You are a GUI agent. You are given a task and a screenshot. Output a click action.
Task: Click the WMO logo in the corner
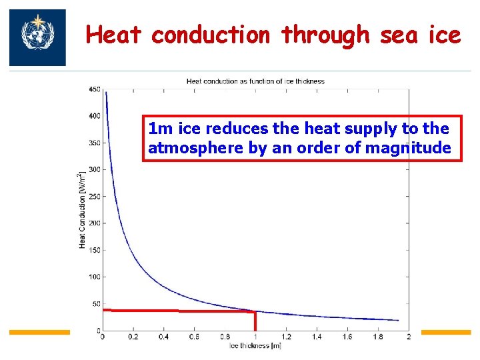coord(37,37)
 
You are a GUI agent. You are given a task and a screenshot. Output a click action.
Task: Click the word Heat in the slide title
coord(113,35)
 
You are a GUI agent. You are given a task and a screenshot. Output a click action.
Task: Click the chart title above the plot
coord(255,81)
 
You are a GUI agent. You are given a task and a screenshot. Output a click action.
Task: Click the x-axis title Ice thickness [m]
coord(255,345)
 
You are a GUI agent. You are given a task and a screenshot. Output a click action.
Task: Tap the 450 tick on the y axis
coord(94,89)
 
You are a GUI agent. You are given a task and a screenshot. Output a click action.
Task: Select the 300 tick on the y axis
coord(94,169)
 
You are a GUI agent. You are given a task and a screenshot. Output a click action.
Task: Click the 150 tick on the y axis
coord(94,250)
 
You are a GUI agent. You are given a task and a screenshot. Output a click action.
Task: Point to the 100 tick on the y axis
coord(94,277)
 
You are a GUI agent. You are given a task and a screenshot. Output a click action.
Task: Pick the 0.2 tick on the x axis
coord(133,337)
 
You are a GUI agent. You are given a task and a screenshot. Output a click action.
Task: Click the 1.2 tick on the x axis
coord(287,337)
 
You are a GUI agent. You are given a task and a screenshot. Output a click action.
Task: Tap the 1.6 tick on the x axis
coord(348,337)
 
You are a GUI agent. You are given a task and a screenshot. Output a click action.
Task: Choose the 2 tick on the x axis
coord(409,337)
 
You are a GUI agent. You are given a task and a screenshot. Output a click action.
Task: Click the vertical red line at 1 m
coord(255,321)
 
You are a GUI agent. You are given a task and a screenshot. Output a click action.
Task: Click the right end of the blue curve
coord(398,320)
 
